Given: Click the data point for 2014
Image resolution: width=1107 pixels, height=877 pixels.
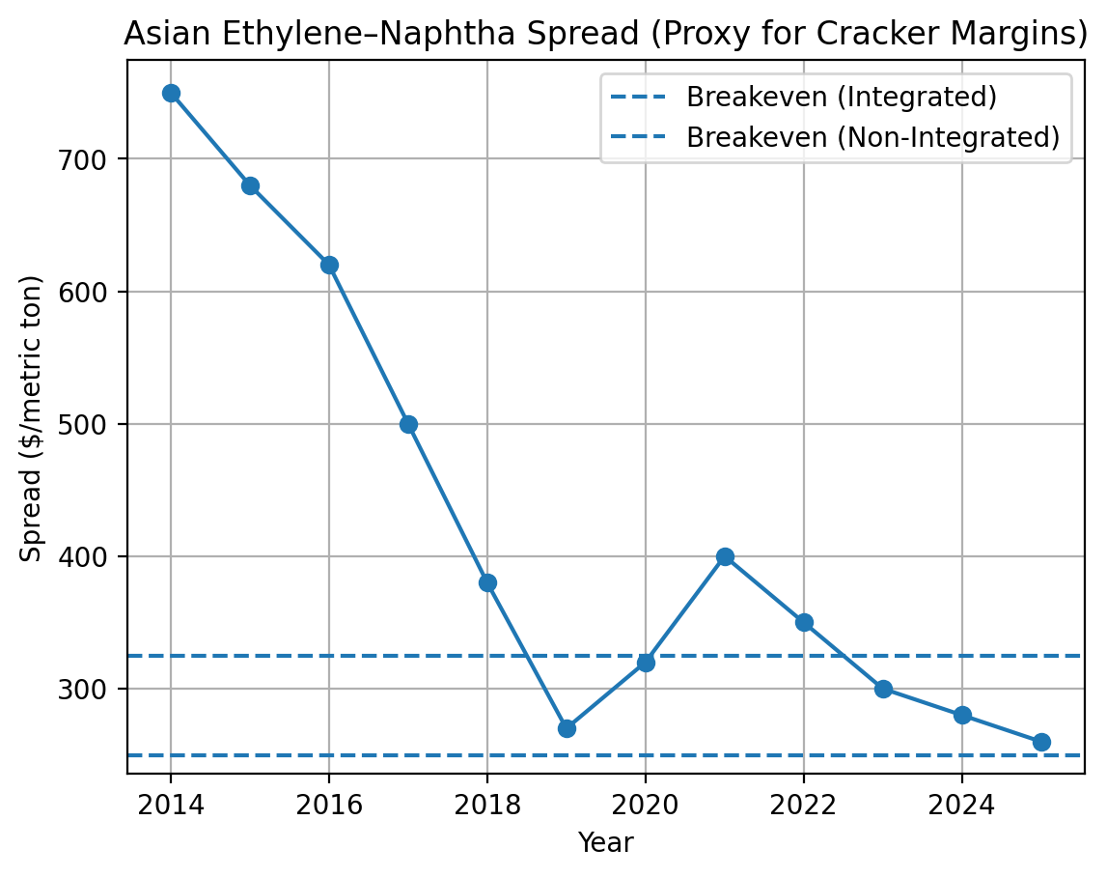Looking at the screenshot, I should click(171, 93).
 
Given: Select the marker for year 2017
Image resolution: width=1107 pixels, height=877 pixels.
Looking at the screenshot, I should click(408, 424).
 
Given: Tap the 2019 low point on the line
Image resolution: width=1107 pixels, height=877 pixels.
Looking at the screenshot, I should click(567, 728).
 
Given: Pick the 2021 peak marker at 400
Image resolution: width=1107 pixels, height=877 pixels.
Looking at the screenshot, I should click(725, 556).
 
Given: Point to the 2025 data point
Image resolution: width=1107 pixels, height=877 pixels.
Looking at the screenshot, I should click(1041, 742).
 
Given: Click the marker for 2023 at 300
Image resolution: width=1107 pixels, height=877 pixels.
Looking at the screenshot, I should click(883, 689).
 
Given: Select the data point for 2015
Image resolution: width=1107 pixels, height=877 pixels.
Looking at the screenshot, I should click(250, 185).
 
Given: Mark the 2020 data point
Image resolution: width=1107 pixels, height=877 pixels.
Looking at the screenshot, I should click(646, 663).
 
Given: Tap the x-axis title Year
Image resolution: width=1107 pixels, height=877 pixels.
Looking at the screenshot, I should click(605, 842).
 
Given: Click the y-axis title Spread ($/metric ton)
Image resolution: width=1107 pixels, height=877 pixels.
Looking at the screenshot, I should click(32, 418).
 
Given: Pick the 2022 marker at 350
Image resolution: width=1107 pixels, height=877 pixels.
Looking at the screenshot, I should click(804, 622).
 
